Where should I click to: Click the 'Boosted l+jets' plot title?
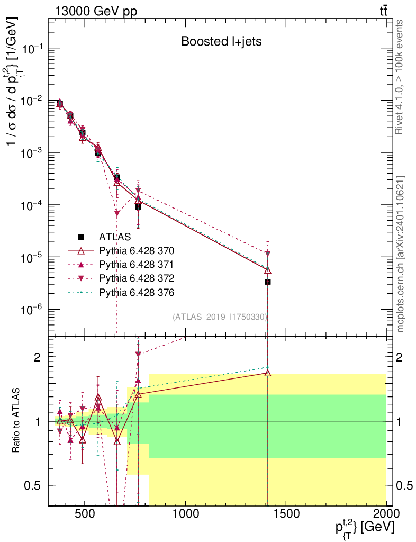(221, 41)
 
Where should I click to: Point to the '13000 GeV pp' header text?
(96, 10)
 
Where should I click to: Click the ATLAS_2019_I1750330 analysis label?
(220, 317)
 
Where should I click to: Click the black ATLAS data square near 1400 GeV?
(268, 282)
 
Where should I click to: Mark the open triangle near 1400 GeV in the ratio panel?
(268, 373)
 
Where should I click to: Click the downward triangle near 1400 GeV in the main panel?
(268, 254)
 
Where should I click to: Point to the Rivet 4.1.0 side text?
(400, 77)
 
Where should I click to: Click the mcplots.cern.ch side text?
(400, 254)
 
